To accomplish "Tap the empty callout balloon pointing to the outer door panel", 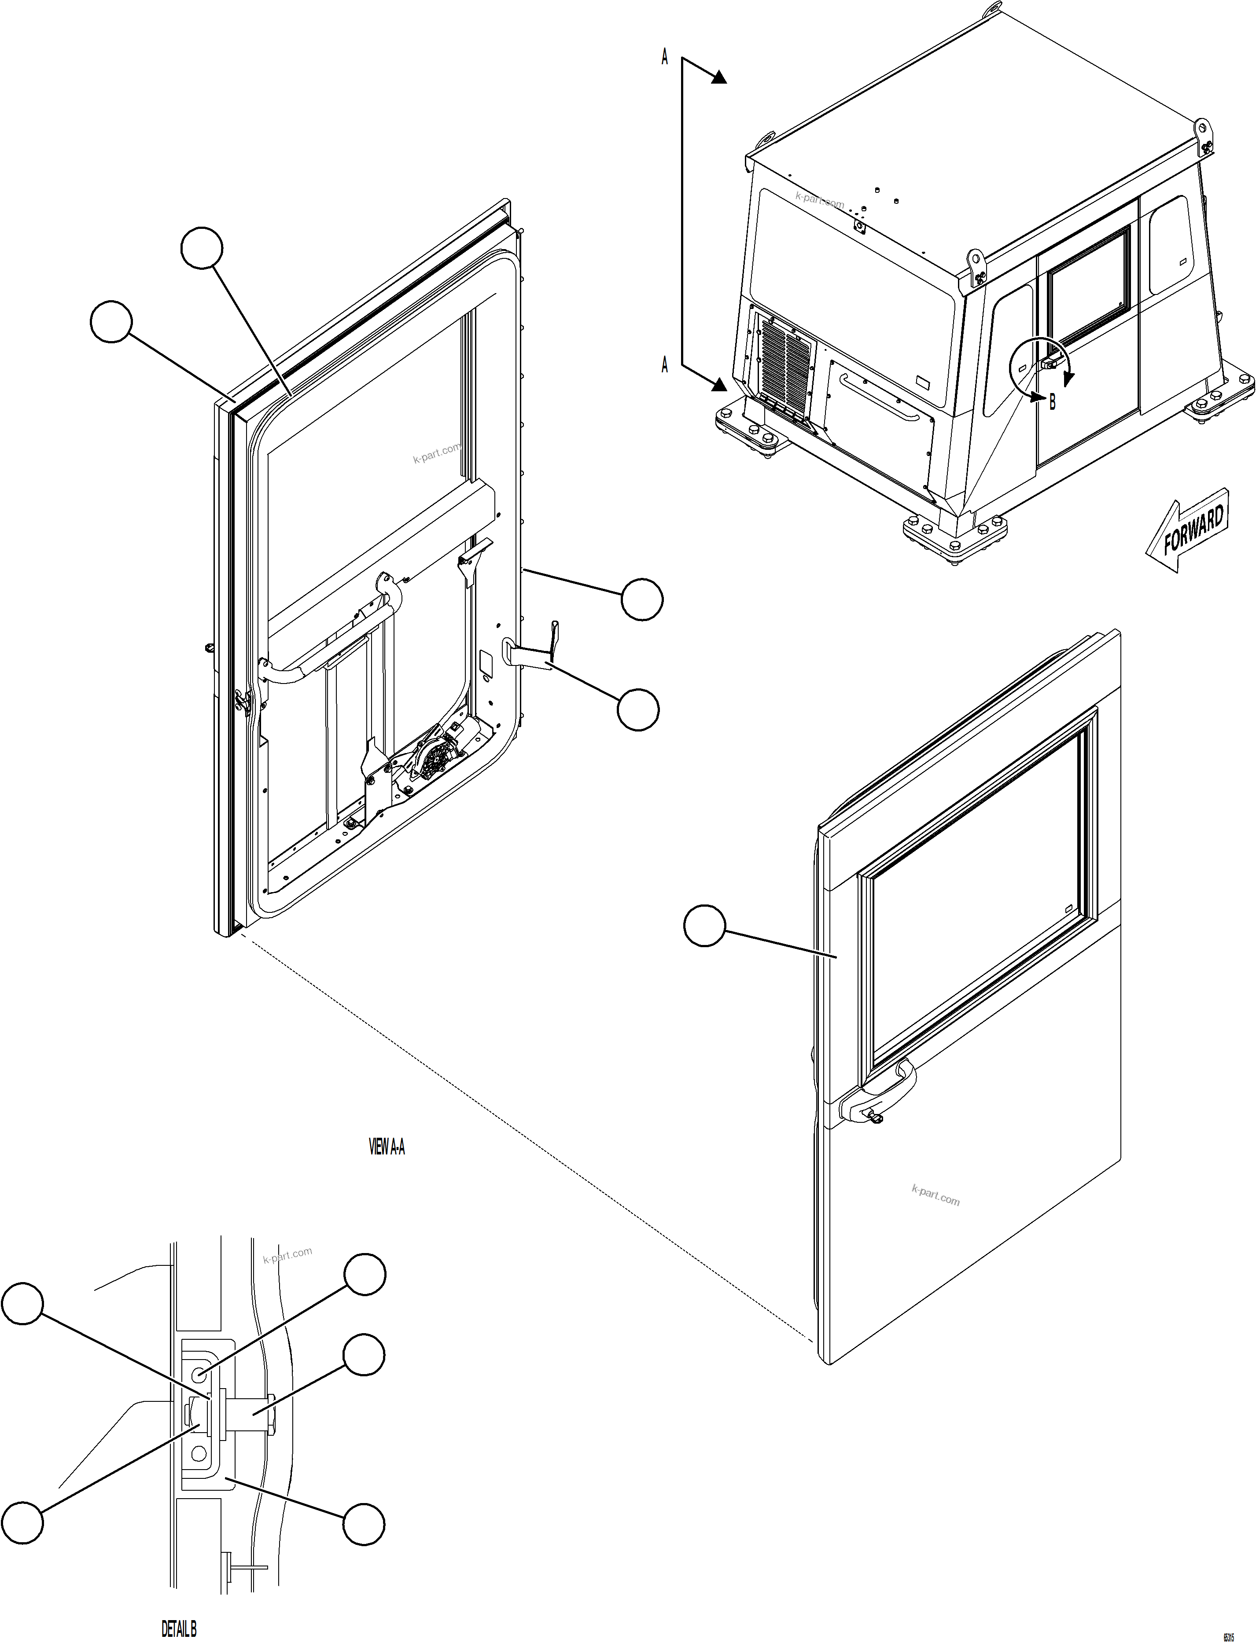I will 704,926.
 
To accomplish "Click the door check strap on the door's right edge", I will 532,651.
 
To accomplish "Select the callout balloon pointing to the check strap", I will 638,710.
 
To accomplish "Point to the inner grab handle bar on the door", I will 329,651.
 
